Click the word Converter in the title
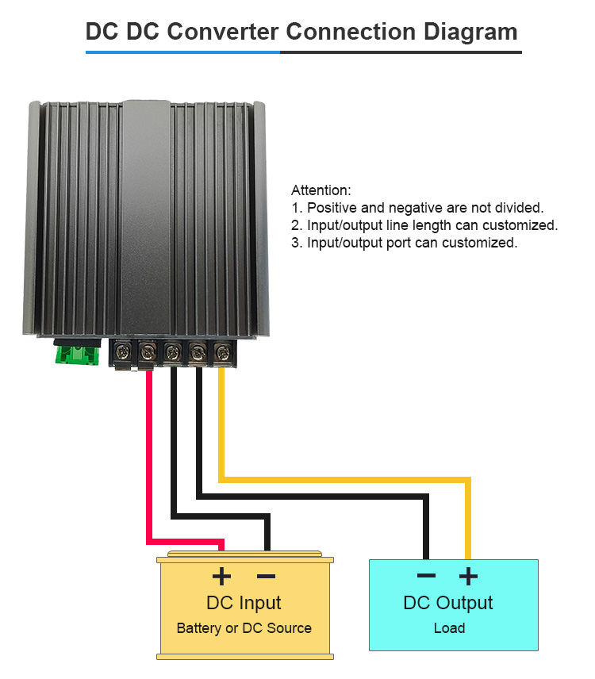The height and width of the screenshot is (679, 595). (x=223, y=32)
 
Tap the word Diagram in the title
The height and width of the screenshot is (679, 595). (x=470, y=32)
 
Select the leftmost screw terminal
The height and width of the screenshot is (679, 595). (x=122, y=352)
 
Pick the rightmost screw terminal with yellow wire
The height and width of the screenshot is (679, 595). (x=223, y=351)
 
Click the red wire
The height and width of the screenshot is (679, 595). (x=149, y=477)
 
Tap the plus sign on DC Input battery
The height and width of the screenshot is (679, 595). (x=221, y=576)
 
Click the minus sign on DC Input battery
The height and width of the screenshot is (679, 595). (x=266, y=576)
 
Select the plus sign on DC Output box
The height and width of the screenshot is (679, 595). (x=468, y=576)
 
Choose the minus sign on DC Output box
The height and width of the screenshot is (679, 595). (x=427, y=575)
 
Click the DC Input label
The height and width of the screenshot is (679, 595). (x=244, y=603)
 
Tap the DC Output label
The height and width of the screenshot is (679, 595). (x=448, y=603)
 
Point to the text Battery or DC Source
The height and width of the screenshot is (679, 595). (x=244, y=628)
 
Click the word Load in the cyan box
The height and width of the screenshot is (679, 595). (x=450, y=628)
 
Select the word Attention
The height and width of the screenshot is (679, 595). (x=321, y=190)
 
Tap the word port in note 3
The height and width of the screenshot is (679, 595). (x=399, y=244)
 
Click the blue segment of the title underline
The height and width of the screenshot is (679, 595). (x=182, y=52)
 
